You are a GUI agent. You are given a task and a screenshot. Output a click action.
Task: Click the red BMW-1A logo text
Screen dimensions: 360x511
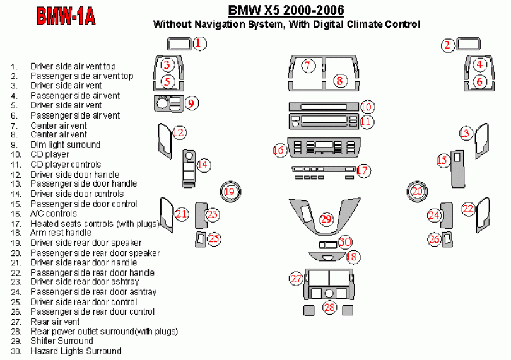pyautogui.click(x=66, y=16)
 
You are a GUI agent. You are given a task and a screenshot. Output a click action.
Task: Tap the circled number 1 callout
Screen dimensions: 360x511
pyautogui.click(x=199, y=44)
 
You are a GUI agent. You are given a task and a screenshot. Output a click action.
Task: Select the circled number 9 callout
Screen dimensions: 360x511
pyautogui.click(x=192, y=103)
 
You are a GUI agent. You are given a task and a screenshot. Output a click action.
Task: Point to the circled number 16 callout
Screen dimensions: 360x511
pyautogui.click(x=279, y=150)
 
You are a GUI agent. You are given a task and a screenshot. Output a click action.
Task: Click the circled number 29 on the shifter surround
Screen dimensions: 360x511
pyautogui.click(x=326, y=219)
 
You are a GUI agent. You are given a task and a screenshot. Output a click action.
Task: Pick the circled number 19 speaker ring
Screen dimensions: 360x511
pyautogui.click(x=230, y=191)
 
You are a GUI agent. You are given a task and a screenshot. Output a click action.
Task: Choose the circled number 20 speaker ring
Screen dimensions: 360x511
pyautogui.click(x=416, y=191)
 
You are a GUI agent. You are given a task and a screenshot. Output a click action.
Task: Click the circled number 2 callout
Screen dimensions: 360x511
pyautogui.click(x=447, y=44)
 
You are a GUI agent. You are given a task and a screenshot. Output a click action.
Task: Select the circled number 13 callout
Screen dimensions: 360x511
pyautogui.click(x=465, y=133)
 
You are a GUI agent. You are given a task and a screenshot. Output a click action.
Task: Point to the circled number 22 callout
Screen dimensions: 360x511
pyautogui.click(x=467, y=209)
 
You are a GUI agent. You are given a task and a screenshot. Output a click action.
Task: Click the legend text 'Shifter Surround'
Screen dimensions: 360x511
pyautogui.click(x=61, y=341)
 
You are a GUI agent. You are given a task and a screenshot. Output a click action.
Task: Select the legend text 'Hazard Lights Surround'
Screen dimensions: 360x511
pyautogui.click(x=76, y=351)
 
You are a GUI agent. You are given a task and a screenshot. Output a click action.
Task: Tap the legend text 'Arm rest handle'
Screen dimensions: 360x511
pyautogui.click(x=61, y=233)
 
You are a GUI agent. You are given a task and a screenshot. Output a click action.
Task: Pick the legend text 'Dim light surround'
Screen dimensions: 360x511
pyautogui.click(x=65, y=144)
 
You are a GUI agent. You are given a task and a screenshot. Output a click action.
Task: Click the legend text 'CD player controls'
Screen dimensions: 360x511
pyautogui.click(x=66, y=165)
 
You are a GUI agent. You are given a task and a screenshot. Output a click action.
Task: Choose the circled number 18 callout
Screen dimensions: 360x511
pyautogui.click(x=352, y=256)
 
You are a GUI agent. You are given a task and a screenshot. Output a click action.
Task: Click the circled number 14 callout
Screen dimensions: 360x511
pyautogui.click(x=203, y=165)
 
